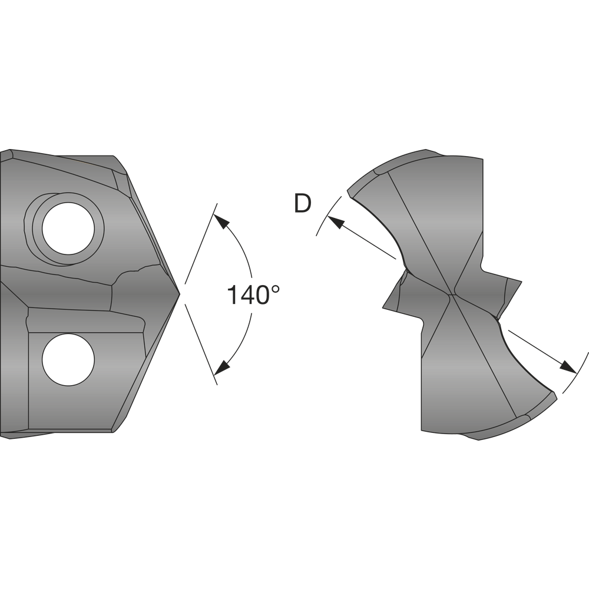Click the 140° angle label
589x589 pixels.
pos(253,294)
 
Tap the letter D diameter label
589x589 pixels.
pos(303,204)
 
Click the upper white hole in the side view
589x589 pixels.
pos(68,229)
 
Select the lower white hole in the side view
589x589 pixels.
pos(68,359)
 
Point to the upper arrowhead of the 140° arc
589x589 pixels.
pos(221,221)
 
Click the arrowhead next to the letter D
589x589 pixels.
pos(336,222)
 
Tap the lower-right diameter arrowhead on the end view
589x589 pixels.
pos(568,367)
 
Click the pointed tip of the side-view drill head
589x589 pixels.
pos(180,294)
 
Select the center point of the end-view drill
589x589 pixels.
pos(452,294)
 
